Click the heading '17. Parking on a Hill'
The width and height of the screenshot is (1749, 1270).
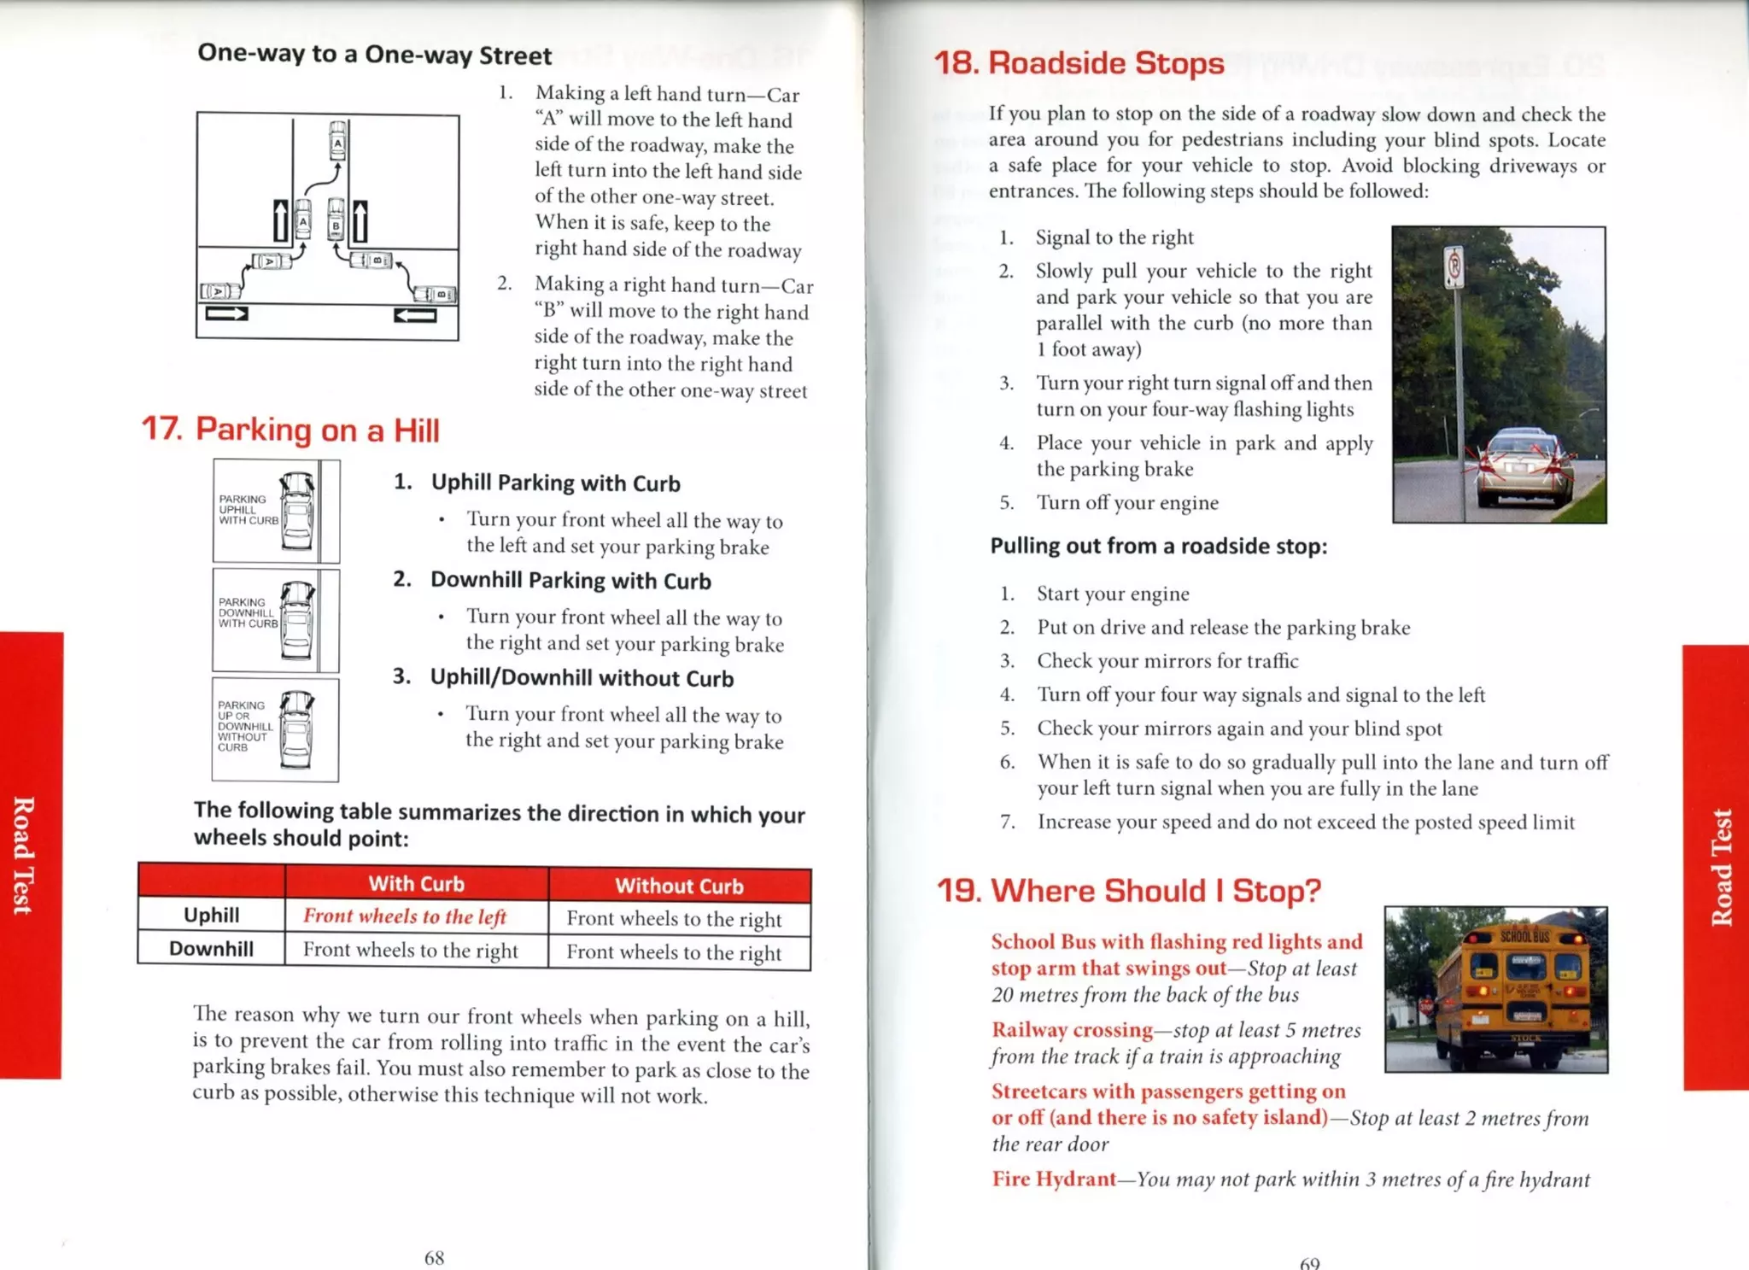click(290, 430)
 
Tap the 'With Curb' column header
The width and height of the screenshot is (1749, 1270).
click(416, 884)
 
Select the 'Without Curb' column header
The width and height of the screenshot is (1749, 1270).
click(679, 886)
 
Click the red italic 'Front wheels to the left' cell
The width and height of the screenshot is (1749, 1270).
click(405, 916)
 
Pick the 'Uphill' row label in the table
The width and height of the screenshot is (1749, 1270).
click(211, 916)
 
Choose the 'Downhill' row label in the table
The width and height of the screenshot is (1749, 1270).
click(211, 949)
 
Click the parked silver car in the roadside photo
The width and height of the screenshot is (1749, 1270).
click(1524, 468)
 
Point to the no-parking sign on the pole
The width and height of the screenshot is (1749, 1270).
click(1454, 267)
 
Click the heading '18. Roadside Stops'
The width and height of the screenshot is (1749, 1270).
click(1079, 63)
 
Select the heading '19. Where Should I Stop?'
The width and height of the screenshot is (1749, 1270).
click(1128, 891)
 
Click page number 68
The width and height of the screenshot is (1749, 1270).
click(434, 1257)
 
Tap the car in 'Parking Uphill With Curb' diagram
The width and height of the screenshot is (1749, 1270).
click(297, 511)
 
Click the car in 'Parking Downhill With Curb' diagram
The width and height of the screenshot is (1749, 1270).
click(297, 620)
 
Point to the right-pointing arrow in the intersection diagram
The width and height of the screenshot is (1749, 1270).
click(226, 313)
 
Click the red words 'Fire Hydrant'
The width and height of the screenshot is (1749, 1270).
click(1054, 1179)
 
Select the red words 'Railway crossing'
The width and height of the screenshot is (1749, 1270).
click(1072, 1030)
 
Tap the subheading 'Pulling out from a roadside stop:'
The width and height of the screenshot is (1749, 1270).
click(1158, 547)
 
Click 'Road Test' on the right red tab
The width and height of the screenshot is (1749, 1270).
click(1720, 867)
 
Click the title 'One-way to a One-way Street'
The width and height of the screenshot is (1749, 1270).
click(374, 55)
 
